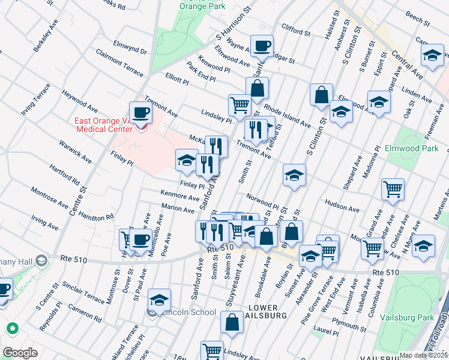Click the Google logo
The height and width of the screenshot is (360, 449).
tap(20, 353)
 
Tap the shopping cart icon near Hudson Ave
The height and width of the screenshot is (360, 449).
tap(393, 189)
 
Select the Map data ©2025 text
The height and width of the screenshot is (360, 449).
tap(423, 355)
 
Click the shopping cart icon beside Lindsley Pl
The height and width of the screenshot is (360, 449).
tap(240, 104)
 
